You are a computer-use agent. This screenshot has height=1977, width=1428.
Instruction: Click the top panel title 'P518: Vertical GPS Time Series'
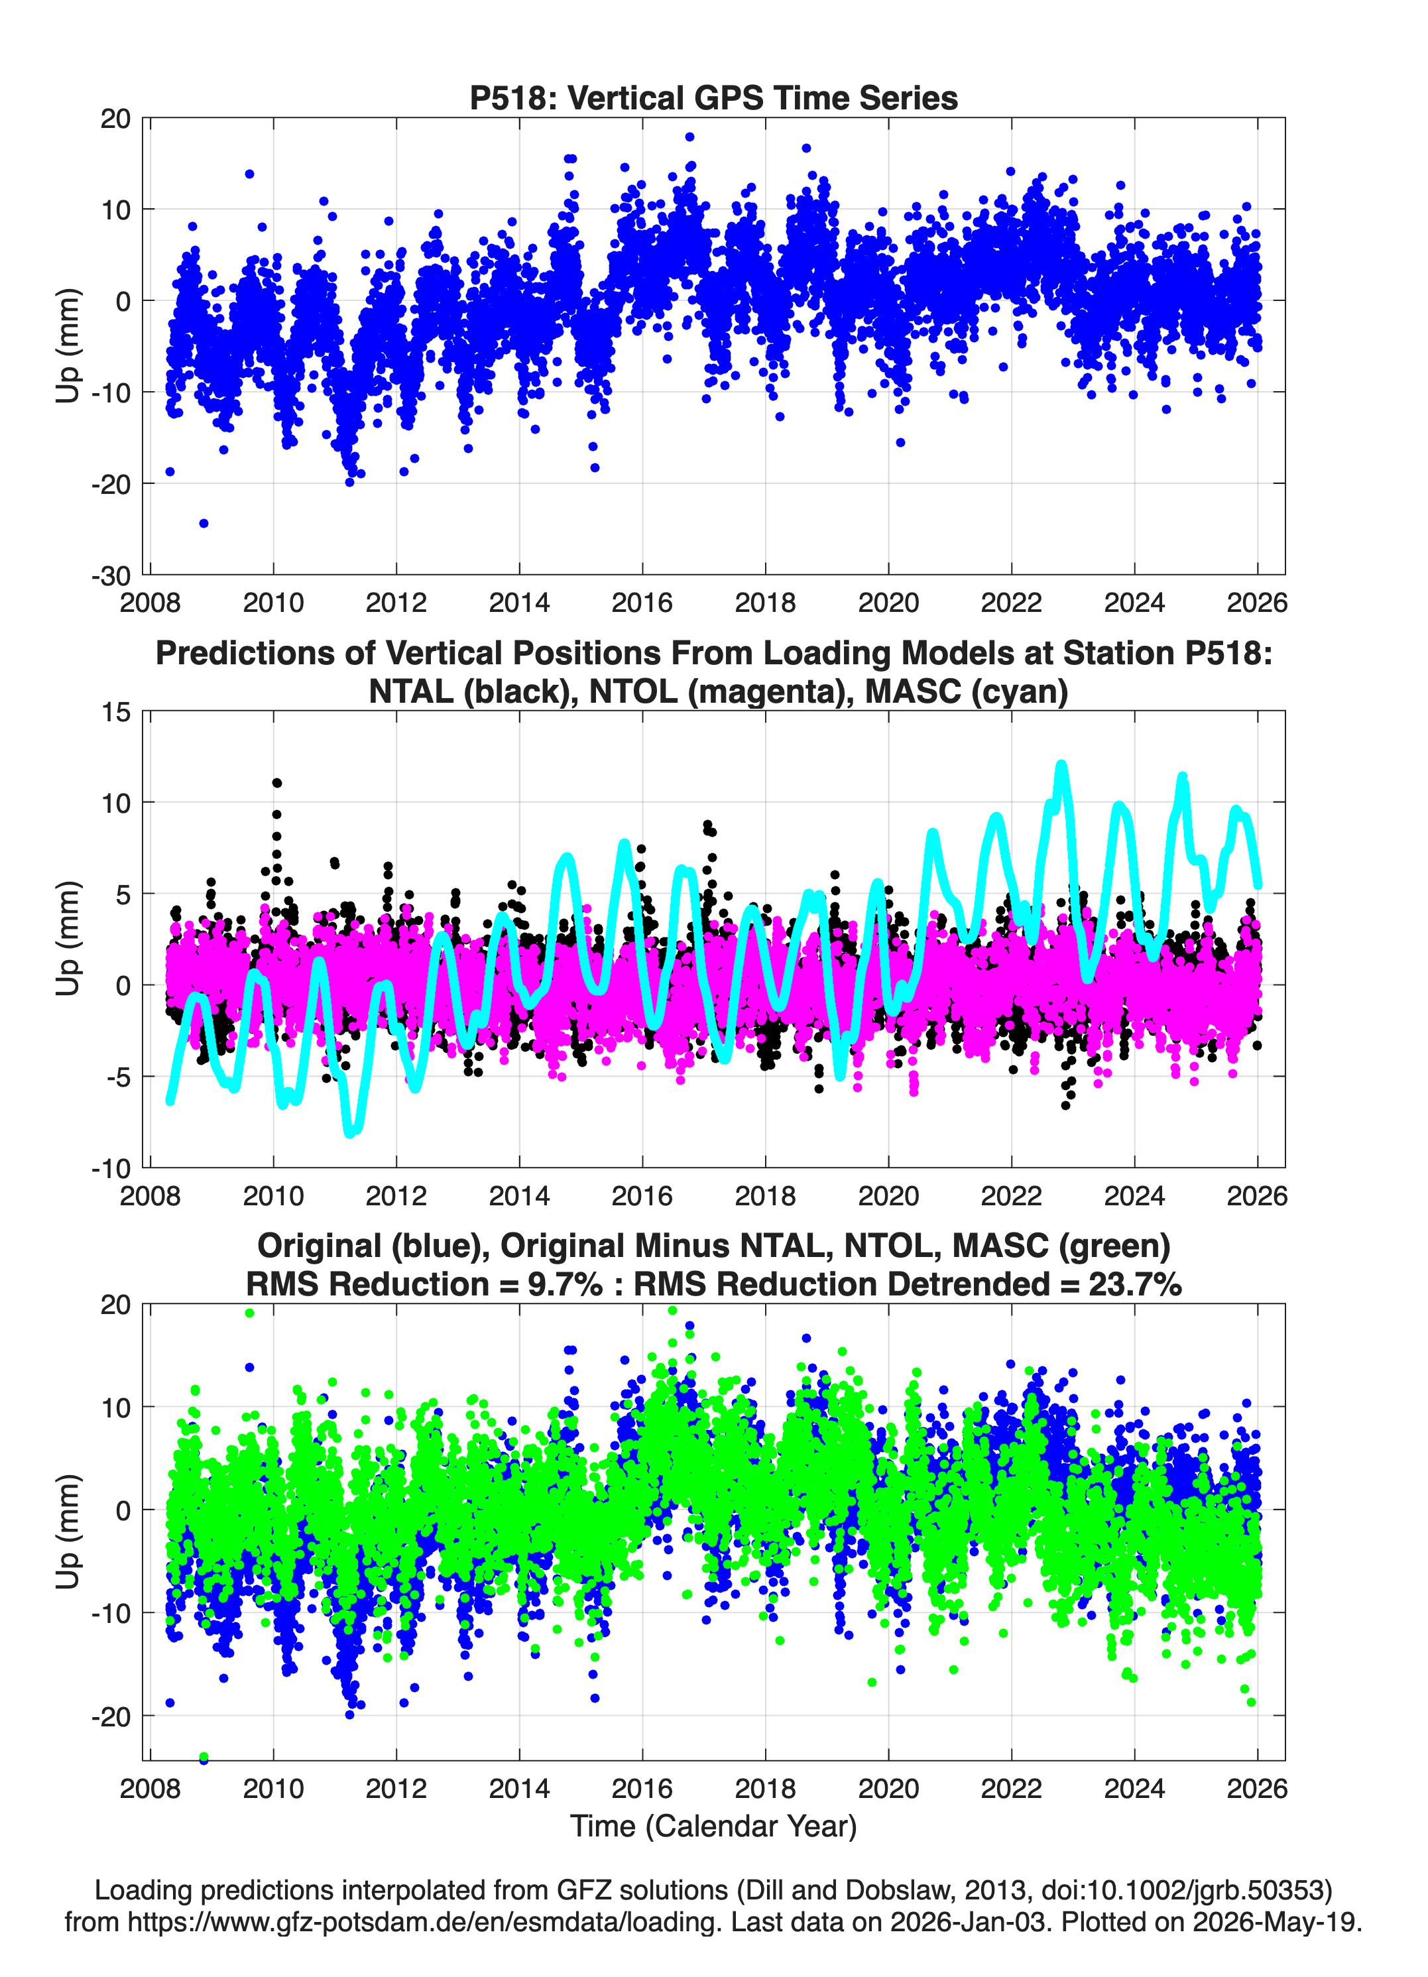pyautogui.click(x=713, y=97)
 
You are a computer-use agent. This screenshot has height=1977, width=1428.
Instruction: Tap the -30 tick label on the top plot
pyautogui.click(x=111, y=575)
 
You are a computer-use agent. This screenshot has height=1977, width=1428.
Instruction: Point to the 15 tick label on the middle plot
pyautogui.click(x=116, y=712)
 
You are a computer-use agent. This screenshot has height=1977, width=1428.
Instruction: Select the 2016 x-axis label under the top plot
pyautogui.click(x=642, y=603)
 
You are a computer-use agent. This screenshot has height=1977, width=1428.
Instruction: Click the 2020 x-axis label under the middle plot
pyautogui.click(x=888, y=1195)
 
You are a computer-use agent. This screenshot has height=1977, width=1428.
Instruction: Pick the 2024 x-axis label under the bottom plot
pyautogui.click(x=1134, y=1788)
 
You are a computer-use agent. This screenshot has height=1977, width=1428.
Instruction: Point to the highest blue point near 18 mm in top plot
pyautogui.click(x=689, y=137)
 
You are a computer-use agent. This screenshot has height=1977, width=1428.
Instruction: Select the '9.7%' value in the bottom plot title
pyautogui.click(x=564, y=1284)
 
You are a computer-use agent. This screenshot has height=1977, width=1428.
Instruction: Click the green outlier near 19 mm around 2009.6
pyautogui.click(x=250, y=1313)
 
